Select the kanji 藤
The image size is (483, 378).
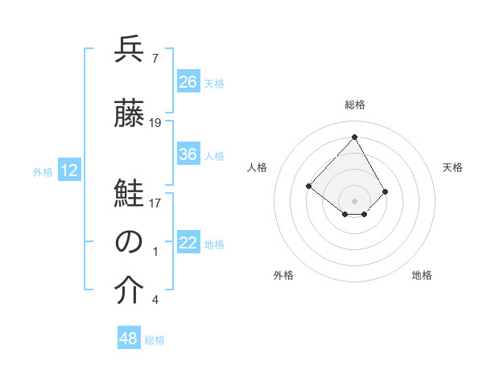click(x=129, y=114)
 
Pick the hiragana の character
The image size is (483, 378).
click(x=129, y=242)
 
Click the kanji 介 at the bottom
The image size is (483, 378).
click(x=129, y=292)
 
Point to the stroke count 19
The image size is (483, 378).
click(x=155, y=122)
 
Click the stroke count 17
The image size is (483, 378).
click(x=155, y=203)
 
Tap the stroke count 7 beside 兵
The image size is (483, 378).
click(x=155, y=58)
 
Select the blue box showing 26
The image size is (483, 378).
click(x=188, y=82)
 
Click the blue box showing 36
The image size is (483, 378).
click(x=188, y=154)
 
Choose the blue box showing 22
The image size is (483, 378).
click(x=188, y=244)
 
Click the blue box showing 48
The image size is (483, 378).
click(x=129, y=339)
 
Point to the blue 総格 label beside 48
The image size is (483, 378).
click(x=155, y=340)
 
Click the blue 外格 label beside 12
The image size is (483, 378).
click(x=43, y=171)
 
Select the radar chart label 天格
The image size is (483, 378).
click(x=452, y=167)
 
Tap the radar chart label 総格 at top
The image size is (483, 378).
click(x=354, y=105)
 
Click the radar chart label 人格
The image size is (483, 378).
click(x=257, y=167)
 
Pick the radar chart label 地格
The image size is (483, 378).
click(x=422, y=275)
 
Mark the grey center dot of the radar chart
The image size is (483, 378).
click(x=354, y=200)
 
